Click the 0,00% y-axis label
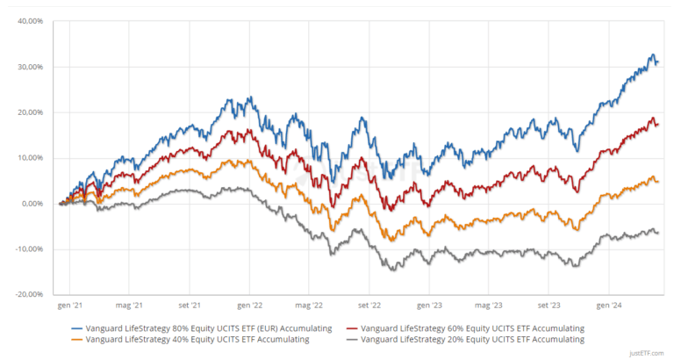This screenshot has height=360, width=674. tap(32, 204)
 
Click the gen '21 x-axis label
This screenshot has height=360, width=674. tap(69, 307)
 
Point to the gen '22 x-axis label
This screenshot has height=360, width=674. tap(249, 307)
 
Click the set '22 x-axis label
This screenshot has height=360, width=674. tap(369, 307)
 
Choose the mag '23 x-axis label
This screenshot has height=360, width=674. tap(488, 307)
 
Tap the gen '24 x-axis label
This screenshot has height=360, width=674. tap(608, 307)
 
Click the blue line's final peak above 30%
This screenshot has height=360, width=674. tap(652, 55)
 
